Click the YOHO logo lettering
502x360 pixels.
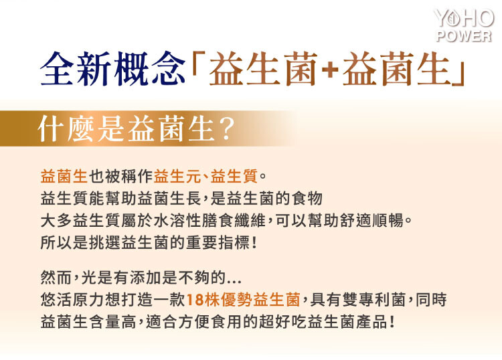pyautogui.click(x=464, y=18)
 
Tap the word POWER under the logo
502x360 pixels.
pyautogui.click(x=463, y=36)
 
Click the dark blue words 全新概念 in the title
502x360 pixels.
pyautogui.click(x=112, y=68)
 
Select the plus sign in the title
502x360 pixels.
pyautogui.click(x=330, y=70)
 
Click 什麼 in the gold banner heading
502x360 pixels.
pyautogui.click(x=66, y=129)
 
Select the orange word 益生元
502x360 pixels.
pyautogui.click(x=177, y=176)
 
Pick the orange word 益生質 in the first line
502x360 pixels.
pyautogui.click(x=234, y=176)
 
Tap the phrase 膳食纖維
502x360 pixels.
pyautogui.click(x=234, y=220)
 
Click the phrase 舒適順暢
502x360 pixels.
pyautogui.click(x=371, y=220)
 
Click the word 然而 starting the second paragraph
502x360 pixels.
pyautogui.click(x=56, y=277)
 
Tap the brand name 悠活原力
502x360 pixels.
pyautogui.click(x=72, y=300)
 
